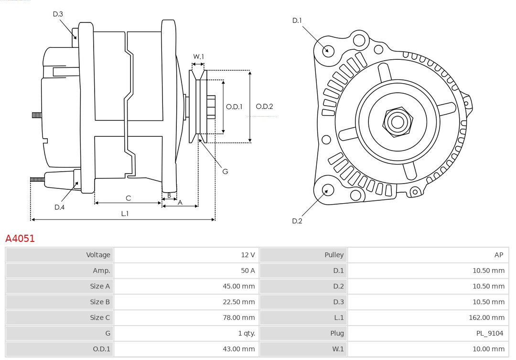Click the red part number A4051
(x=20, y=238)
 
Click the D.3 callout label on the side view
(x=58, y=14)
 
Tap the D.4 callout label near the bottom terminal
(x=59, y=207)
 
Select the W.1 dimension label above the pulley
(x=198, y=56)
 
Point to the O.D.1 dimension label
(x=234, y=107)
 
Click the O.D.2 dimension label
(x=264, y=107)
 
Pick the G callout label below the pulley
(x=225, y=171)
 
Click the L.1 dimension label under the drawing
(x=124, y=214)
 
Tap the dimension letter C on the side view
(x=128, y=198)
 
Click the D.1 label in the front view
(x=297, y=20)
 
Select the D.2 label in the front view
(x=297, y=221)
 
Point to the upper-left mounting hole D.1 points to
(x=328, y=50)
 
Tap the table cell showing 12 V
(x=248, y=255)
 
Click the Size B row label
(x=100, y=302)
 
